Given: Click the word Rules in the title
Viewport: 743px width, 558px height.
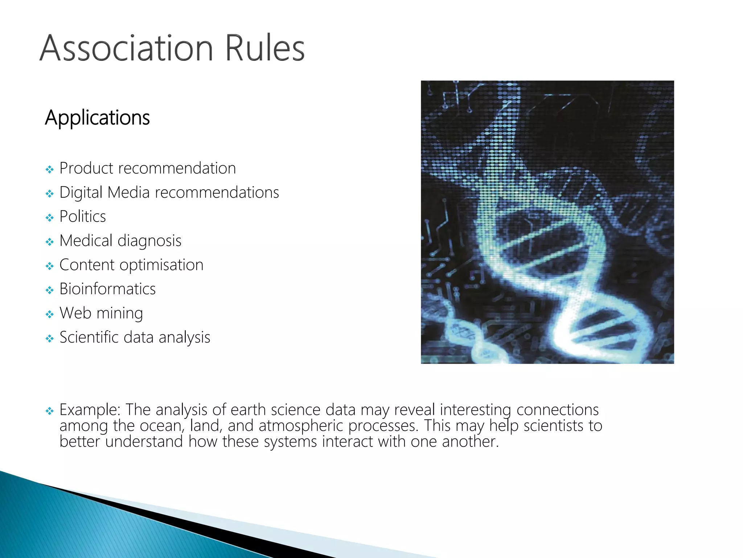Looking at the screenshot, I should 264,48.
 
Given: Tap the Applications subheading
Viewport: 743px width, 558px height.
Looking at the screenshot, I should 97,118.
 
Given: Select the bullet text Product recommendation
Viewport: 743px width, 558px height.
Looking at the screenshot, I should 147,169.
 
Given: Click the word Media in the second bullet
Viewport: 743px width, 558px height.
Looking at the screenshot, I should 128,193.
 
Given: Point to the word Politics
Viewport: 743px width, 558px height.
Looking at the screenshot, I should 82,217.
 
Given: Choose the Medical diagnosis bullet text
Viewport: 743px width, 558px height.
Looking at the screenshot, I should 120,241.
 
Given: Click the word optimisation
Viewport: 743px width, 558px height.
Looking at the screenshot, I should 161,265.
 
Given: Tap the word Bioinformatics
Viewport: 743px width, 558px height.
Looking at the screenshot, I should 107,289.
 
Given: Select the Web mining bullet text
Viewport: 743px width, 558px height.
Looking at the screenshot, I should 101,313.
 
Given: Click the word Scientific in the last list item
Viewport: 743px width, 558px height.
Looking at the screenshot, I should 89,337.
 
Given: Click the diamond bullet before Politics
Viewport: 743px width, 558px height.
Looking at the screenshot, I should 50,218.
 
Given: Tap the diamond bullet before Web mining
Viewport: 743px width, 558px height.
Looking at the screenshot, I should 50,314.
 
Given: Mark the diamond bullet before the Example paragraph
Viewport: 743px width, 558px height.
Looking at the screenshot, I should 50,411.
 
